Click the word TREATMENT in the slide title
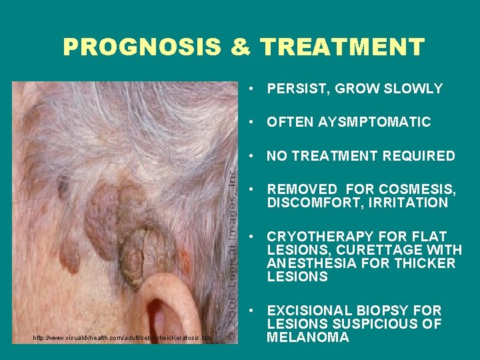[x=342, y=47]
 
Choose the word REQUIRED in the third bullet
[x=420, y=156]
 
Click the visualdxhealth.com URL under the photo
[x=123, y=338]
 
